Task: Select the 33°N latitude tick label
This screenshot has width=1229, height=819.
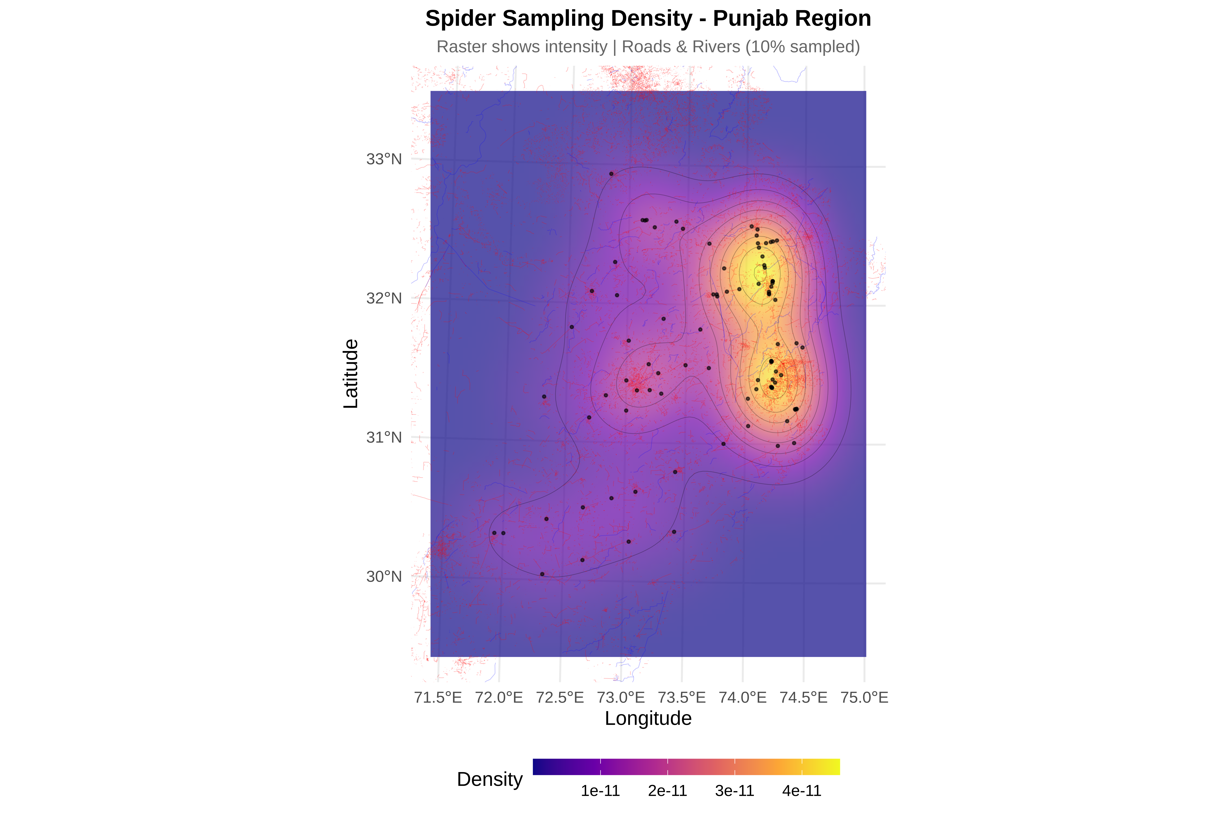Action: (x=384, y=159)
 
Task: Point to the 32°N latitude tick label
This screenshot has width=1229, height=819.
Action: (x=384, y=298)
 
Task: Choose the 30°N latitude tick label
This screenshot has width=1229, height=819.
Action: (x=384, y=577)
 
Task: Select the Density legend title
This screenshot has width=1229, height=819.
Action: (x=490, y=779)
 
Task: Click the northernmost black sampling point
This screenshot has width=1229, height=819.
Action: (x=611, y=174)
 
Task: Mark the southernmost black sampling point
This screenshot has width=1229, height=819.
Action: (x=542, y=574)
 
